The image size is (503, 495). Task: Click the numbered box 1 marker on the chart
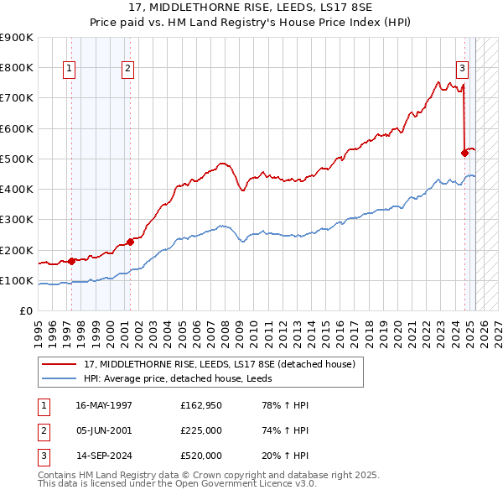click(x=68, y=70)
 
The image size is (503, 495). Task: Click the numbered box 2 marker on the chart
click(x=127, y=70)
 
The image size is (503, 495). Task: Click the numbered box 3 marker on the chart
click(x=462, y=70)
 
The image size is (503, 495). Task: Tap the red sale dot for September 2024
click(x=464, y=153)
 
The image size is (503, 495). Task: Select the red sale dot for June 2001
click(x=131, y=242)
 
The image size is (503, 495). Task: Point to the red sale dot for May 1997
click(x=72, y=261)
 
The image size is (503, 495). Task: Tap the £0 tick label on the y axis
click(x=24, y=311)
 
